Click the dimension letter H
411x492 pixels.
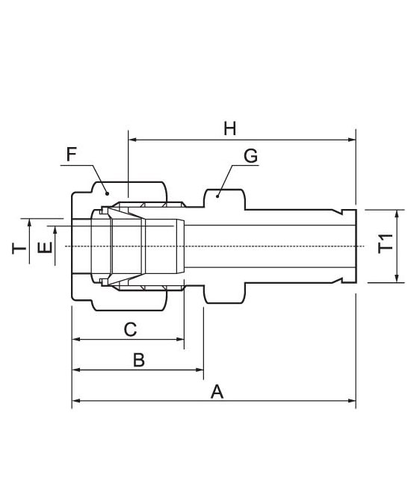(x=230, y=129)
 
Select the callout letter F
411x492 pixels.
(x=72, y=155)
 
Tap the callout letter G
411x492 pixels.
(x=251, y=156)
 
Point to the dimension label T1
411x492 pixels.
(x=386, y=243)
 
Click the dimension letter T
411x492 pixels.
(x=19, y=248)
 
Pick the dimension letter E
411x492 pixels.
(x=45, y=248)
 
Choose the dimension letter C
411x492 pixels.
(x=130, y=329)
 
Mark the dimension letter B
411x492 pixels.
(x=139, y=360)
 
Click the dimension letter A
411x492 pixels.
(x=217, y=392)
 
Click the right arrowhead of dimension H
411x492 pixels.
(x=352, y=140)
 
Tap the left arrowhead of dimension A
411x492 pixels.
(x=75, y=401)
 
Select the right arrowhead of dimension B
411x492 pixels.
(x=200, y=370)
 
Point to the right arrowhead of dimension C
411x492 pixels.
(x=180, y=339)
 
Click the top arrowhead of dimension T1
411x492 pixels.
(x=397, y=214)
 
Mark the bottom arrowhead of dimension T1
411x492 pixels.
(x=397, y=278)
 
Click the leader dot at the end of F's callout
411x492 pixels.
(x=107, y=193)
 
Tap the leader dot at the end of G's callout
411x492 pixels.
(x=217, y=196)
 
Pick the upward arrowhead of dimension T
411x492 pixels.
(x=29, y=222)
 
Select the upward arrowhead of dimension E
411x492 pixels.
(x=55, y=230)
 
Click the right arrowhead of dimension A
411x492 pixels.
(x=352, y=401)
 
